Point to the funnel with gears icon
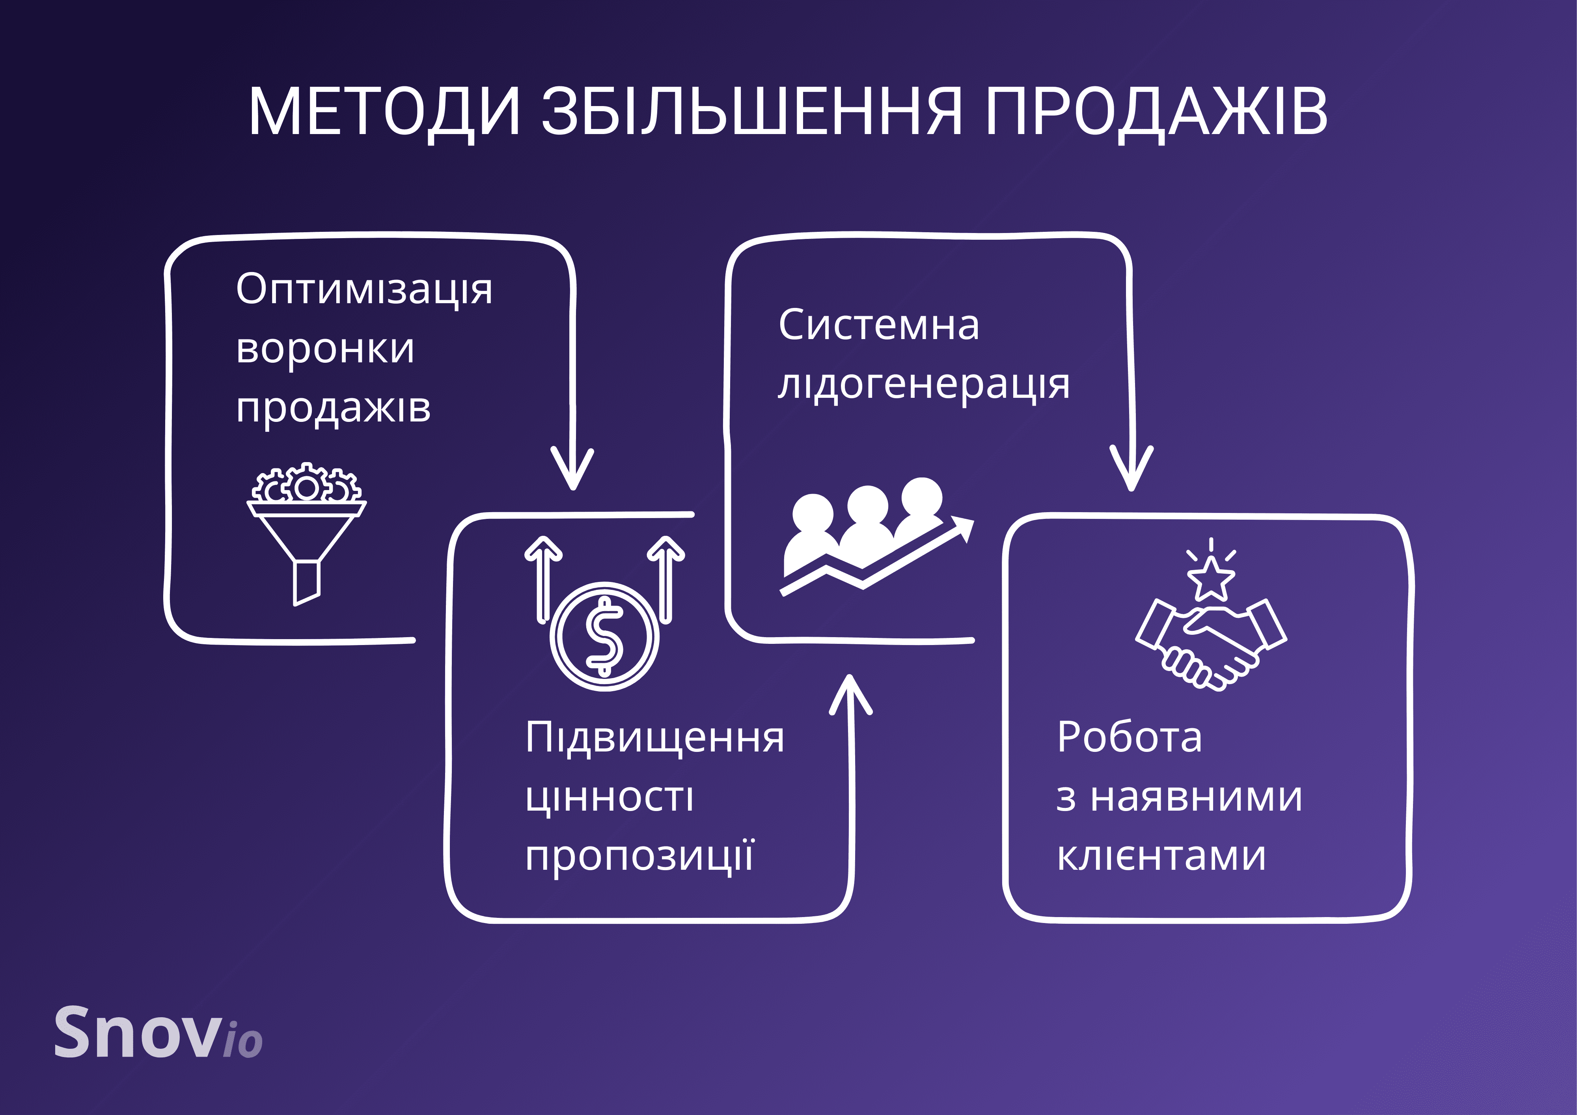306,532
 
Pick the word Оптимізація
364,289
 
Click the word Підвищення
654,738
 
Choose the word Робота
1129,738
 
